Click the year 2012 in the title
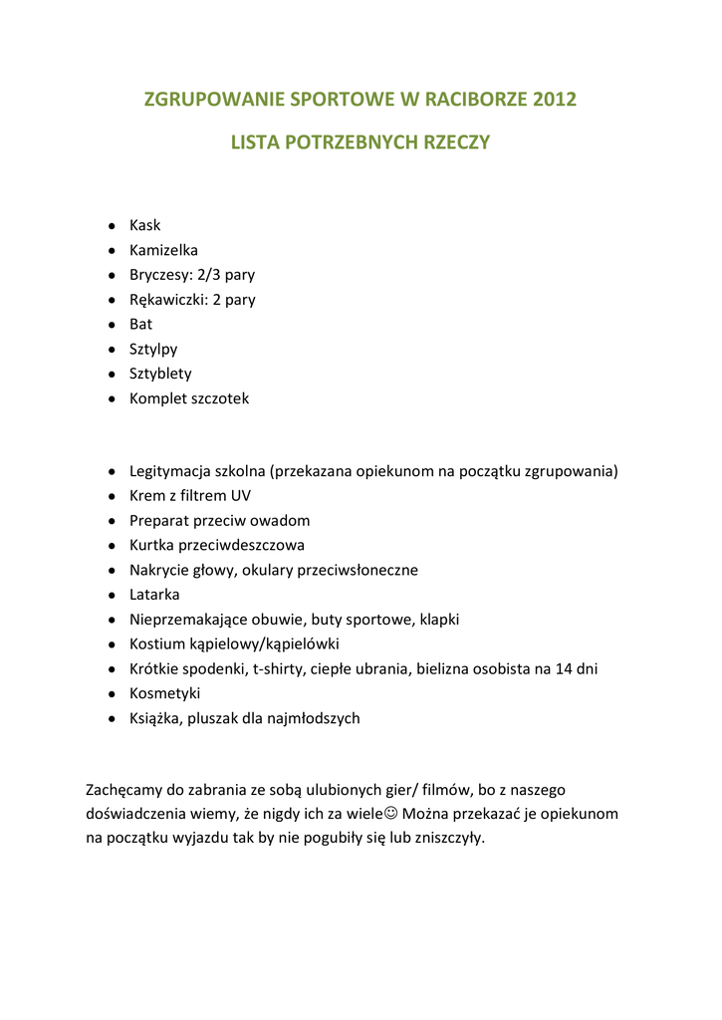555,100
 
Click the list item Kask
144,225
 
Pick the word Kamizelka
163,250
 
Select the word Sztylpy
153,350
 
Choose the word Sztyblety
160,375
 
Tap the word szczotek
219,398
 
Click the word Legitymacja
168,471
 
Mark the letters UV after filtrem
241,496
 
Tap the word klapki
439,620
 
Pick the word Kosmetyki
164,694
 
